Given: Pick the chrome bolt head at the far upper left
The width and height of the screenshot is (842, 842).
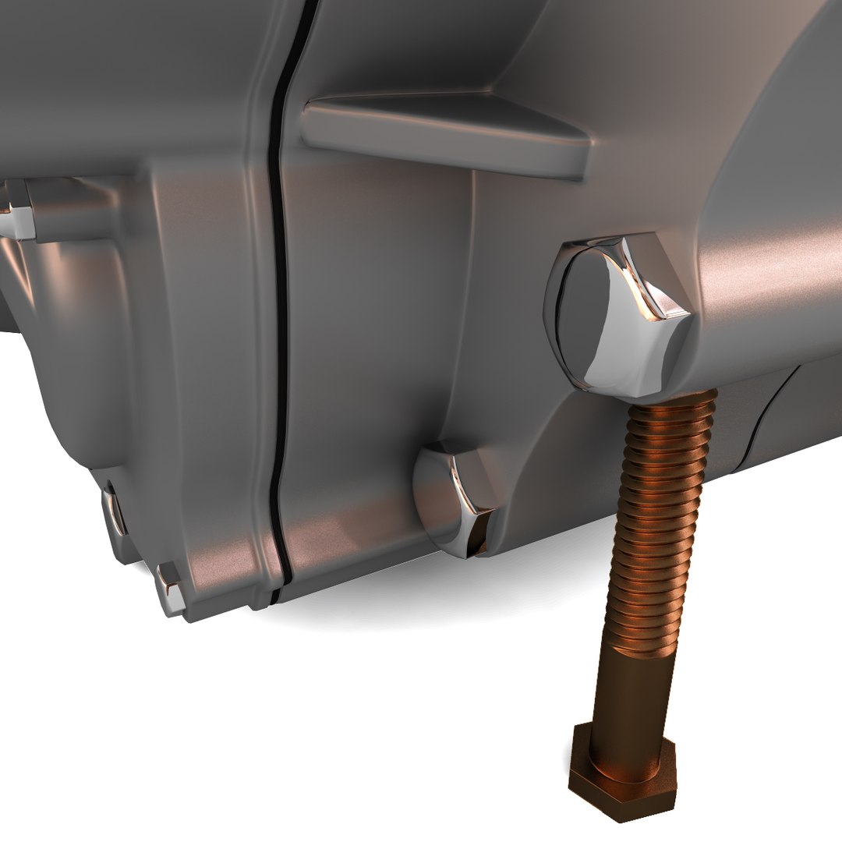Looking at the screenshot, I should [x=19, y=209].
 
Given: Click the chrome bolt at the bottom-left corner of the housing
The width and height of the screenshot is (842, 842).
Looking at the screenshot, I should [x=170, y=589].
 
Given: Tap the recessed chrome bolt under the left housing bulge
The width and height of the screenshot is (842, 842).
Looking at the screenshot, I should [x=114, y=511].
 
